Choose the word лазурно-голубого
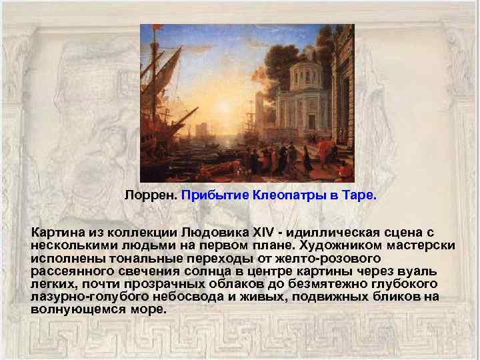[85, 297]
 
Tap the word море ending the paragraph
[147, 309]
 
